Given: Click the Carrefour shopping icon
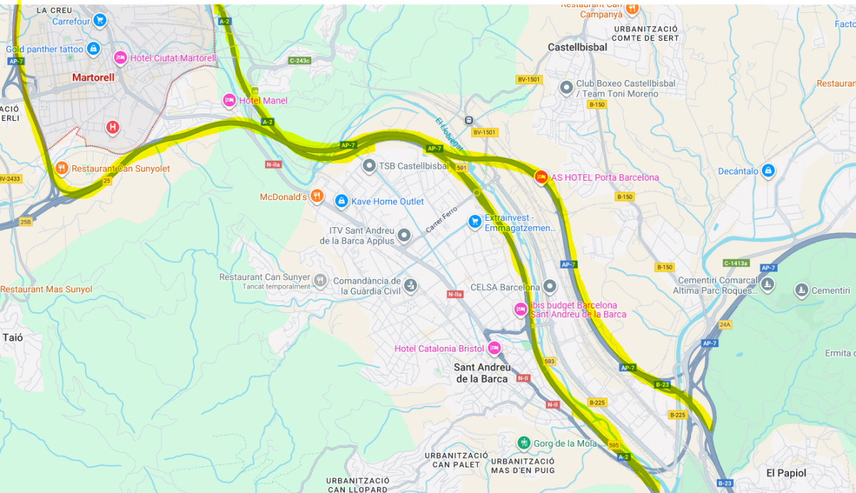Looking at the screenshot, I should pyautogui.click(x=100, y=20).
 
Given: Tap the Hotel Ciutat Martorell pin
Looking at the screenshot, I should pyautogui.click(x=120, y=58).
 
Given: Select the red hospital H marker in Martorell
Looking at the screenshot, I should pyautogui.click(x=112, y=128).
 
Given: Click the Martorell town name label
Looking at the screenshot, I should pyautogui.click(x=93, y=77).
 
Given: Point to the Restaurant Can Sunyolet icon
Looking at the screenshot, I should pyautogui.click(x=62, y=169).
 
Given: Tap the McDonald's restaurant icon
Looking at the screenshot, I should pyautogui.click(x=318, y=196).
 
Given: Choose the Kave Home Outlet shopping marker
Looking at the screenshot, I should pyautogui.click(x=341, y=201).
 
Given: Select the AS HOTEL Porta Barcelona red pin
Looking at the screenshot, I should pyautogui.click(x=541, y=177).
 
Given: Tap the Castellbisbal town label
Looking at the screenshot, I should pyautogui.click(x=577, y=47).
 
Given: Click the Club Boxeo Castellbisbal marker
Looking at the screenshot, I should pyautogui.click(x=566, y=88).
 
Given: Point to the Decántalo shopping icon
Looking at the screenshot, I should pyautogui.click(x=767, y=171).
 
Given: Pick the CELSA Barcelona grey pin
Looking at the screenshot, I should pyautogui.click(x=549, y=287).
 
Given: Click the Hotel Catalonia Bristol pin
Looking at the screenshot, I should pyautogui.click(x=494, y=349).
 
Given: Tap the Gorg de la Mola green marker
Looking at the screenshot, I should pyautogui.click(x=524, y=443).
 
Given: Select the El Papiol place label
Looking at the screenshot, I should pyautogui.click(x=786, y=473).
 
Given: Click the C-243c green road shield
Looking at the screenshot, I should pyautogui.click(x=299, y=61).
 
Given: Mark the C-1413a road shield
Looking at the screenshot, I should pyautogui.click(x=736, y=263).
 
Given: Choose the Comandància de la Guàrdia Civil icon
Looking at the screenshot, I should pyautogui.click(x=410, y=286).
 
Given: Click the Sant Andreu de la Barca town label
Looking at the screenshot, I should pyautogui.click(x=483, y=373).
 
